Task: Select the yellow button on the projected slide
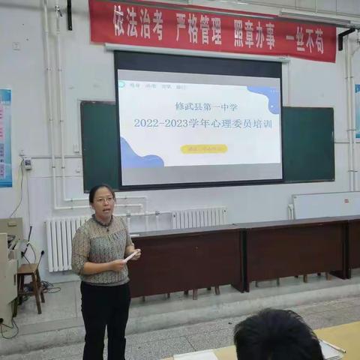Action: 203,149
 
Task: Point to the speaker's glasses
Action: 103,199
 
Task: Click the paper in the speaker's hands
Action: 131,256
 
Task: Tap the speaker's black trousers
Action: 106,319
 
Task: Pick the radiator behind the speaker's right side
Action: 199,217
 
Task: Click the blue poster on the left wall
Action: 4,138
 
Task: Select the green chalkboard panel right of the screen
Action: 307,144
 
